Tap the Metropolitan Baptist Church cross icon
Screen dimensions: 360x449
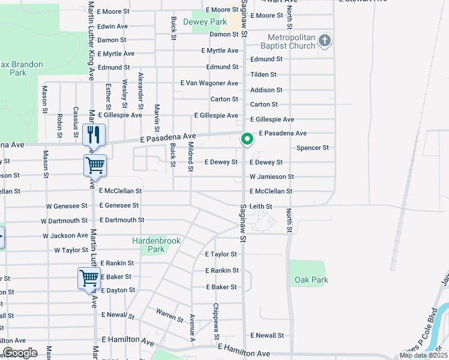click(325, 41)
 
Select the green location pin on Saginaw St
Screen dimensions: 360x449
click(247, 139)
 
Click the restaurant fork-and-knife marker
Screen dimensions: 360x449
click(93, 134)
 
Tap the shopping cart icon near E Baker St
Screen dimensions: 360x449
click(89, 278)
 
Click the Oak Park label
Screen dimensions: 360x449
click(312, 280)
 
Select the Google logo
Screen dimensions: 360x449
click(20, 353)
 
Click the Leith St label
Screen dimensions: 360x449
click(261, 206)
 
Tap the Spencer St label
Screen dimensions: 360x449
click(313, 148)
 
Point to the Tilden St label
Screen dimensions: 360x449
click(263, 74)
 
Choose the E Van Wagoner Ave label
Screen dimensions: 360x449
click(209, 83)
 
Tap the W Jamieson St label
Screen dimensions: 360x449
click(271, 177)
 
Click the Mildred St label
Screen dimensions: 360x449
click(190, 156)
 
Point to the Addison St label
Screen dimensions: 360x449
click(266, 90)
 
